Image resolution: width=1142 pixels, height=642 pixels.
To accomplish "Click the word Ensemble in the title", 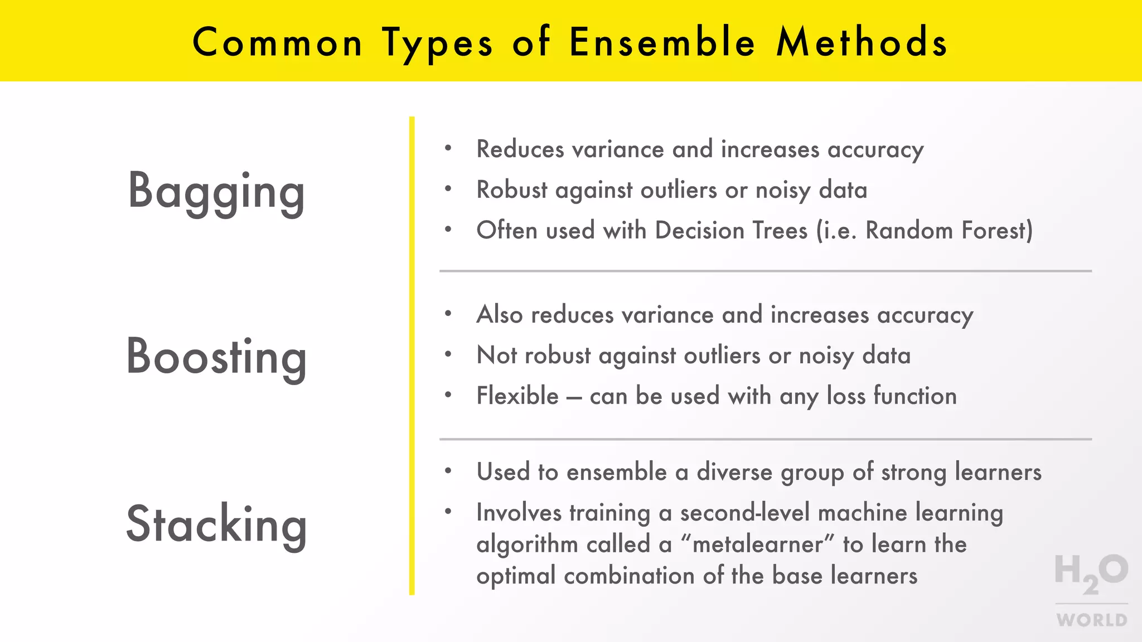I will point(662,42).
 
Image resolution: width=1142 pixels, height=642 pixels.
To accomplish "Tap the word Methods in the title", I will point(862,42).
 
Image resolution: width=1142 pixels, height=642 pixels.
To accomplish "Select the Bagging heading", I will point(216,192).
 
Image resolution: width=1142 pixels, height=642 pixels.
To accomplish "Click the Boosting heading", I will point(216,357).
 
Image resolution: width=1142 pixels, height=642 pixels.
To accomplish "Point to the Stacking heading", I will point(216,524).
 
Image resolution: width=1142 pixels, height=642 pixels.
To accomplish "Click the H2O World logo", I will point(1091,590).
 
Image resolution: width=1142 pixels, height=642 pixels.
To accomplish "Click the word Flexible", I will point(517,396).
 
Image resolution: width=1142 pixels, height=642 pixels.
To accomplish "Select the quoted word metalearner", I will point(758,544).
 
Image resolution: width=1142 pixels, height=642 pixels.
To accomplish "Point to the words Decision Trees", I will point(731,230).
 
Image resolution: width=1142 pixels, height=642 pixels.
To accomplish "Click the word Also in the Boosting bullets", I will point(499,315).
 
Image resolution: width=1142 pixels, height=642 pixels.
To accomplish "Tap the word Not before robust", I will point(497,356).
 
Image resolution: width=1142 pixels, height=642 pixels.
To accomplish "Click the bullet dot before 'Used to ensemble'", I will point(448,471).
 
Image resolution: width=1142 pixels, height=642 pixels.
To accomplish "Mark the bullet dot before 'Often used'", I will point(448,229).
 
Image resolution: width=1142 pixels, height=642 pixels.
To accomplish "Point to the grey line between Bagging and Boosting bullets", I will point(765,271).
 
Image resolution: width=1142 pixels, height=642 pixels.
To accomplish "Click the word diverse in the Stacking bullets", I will point(734,472).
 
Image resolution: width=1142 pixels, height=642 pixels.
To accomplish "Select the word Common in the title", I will point(277,42).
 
